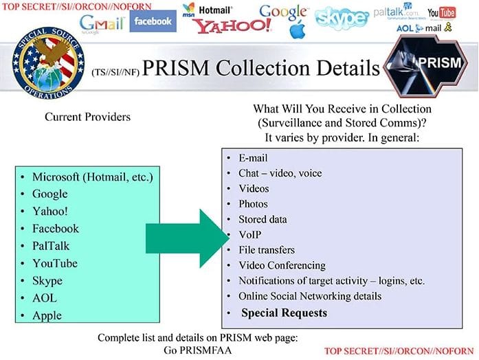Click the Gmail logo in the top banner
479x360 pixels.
(101, 22)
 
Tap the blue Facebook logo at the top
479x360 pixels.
(153, 21)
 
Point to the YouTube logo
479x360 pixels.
(441, 13)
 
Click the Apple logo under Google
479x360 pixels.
(297, 30)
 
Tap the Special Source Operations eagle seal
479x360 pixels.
(41, 67)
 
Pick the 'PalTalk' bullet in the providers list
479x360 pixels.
(51, 246)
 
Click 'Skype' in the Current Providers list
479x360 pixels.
(47, 281)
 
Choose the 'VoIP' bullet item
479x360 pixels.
(250, 235)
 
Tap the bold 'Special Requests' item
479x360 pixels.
(283, 313)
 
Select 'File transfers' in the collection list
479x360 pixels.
(267, 250)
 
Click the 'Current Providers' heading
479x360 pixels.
(87, 117)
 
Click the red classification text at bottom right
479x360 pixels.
(399, 351)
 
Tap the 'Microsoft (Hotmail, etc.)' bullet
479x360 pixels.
(93, 177)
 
